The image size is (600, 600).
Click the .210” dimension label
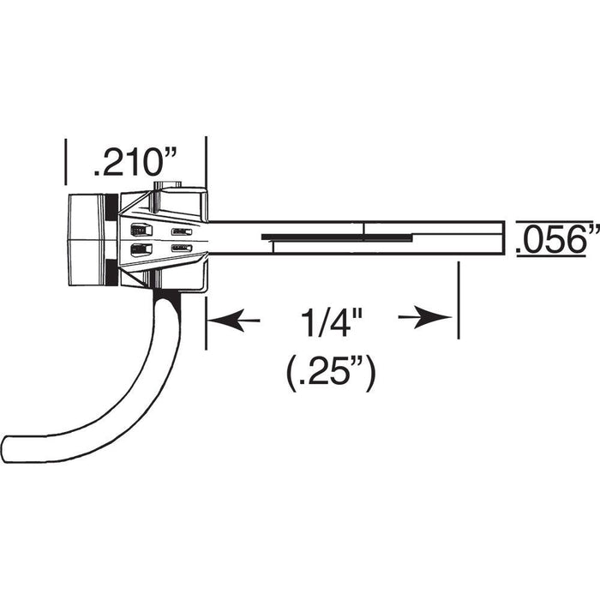point(135,164)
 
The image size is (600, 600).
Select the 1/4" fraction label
point(332,322)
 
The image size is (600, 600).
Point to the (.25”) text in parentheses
point(332,374)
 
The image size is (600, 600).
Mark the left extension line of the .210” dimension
point(66,162)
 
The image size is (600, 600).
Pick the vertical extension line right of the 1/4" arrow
point(459,300)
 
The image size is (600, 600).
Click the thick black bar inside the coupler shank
point(337,237)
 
